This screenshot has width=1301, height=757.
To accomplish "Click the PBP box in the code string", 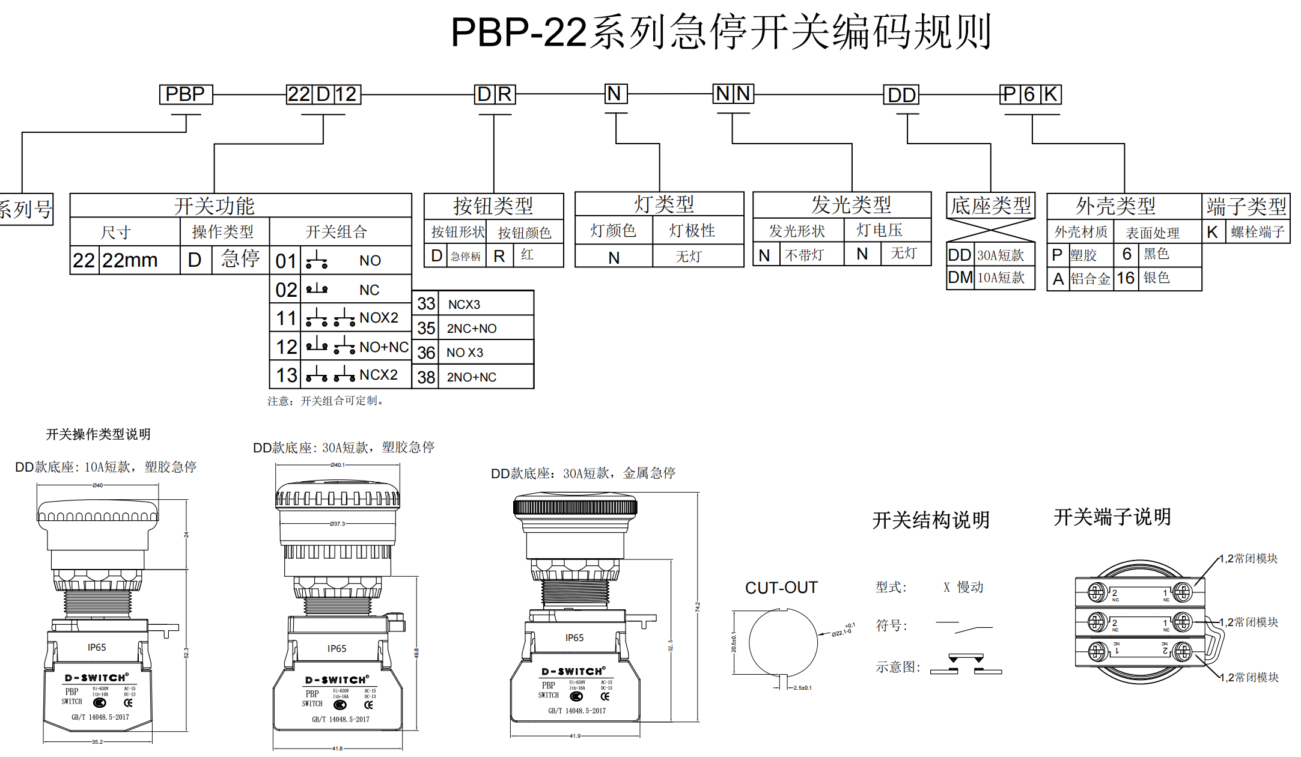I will click(186, 94).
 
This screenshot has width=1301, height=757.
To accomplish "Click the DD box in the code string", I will click(901, 95).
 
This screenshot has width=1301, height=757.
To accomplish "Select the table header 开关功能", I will click(215, 206).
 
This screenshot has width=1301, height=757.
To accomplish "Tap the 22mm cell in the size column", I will click(130, 260).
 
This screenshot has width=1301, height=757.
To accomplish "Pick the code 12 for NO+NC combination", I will click(286, 347).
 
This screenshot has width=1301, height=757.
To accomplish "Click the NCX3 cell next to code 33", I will click(465, 305).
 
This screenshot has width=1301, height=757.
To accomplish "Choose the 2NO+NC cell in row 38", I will click(472, 377).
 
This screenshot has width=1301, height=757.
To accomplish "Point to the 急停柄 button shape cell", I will click(466, 257).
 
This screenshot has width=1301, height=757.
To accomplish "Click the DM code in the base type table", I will click(960, 278).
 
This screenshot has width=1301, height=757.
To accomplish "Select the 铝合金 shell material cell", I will click(1091, 279).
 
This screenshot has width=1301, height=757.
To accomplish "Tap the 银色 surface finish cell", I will click(1156, 278).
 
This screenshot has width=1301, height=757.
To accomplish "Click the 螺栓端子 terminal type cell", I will click(1257, 232).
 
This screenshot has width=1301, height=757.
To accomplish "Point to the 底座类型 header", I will click(991, 206).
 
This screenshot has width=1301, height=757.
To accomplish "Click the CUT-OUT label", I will click(781, 588).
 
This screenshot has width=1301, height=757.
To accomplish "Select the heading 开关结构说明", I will click(931, 520).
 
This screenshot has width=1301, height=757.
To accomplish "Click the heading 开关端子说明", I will click(1112, 517).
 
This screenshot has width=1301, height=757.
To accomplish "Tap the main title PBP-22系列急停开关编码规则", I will click(721, 32).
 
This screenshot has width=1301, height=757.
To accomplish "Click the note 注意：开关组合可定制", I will click(326, 401).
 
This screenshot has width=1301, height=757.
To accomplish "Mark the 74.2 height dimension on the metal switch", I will click(698, 607).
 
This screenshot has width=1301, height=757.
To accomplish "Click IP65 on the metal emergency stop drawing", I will click(574, 638).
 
